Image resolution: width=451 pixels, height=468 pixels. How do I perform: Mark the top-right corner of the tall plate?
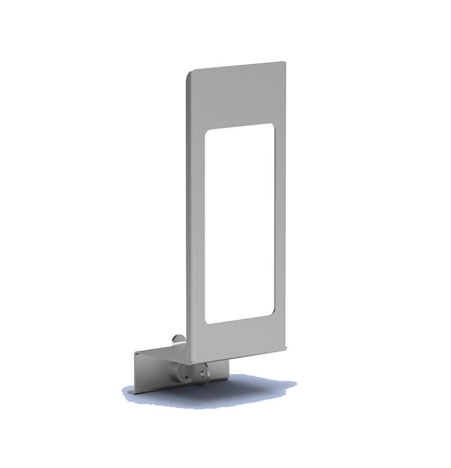(x=284, y=63)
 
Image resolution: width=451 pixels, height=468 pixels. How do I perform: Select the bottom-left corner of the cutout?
(x=207, y=321)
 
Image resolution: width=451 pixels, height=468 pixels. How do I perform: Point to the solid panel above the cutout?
(x=237, y=96)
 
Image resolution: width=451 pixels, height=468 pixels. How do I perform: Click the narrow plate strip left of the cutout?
(x=194, y=226)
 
